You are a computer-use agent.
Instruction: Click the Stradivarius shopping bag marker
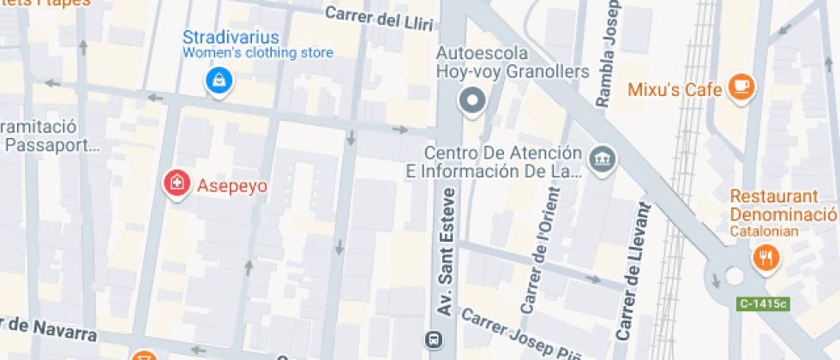coord(220,81)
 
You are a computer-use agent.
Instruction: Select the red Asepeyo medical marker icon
coord(177,183)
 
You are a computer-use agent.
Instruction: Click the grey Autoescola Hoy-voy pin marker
coord(471,101)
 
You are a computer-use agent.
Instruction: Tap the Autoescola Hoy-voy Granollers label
coord(513,62)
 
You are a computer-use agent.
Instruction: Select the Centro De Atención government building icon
coord(602,158)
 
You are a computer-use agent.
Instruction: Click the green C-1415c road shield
coord(762,303)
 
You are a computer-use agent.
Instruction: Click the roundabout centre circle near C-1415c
coord(734,276)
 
